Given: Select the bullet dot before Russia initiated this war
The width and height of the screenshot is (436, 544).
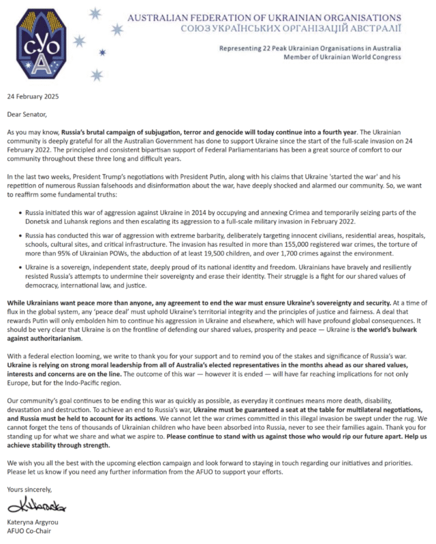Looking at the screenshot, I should pyautogui.click(x=22, y=203).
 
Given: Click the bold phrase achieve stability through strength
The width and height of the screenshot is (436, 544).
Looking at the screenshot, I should pyautogui.click(x=66, y=445).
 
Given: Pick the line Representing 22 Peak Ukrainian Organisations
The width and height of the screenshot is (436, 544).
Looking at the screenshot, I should pyautogui.click(x=310, y=48).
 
